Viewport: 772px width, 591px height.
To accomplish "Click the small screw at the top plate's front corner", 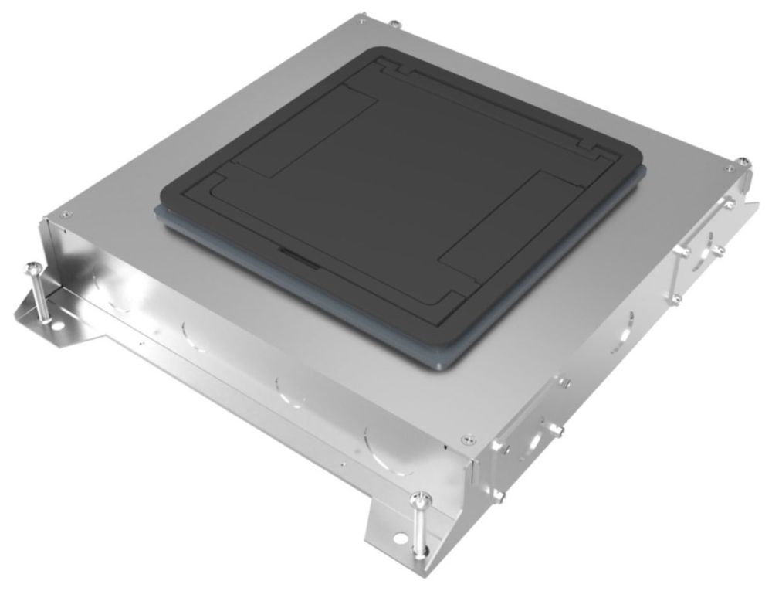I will coord(465,438).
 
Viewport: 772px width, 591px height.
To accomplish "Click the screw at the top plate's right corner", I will coord(728,167).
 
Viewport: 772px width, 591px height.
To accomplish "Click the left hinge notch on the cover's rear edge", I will coord(401,72).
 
